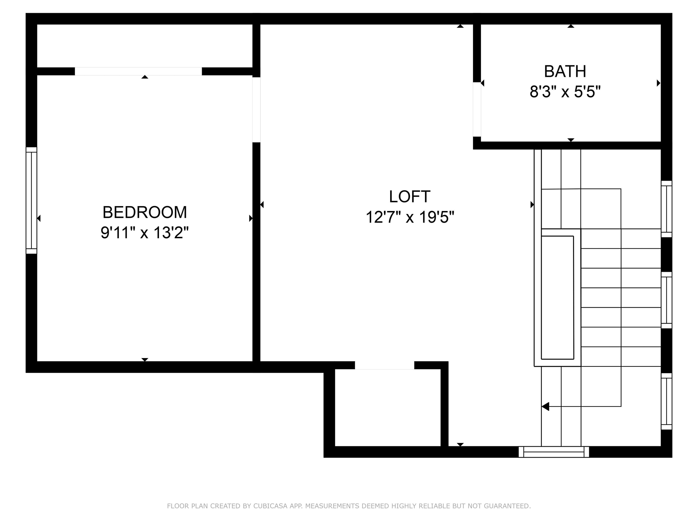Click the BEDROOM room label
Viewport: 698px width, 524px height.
click(x=145, y=212)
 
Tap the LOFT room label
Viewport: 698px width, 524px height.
click(x=410, y=197)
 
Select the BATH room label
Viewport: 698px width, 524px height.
click(x=565, y=72)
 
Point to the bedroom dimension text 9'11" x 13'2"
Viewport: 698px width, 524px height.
click(x=145, y=233)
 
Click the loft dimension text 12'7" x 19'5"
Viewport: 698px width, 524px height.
click(x=410, y=217)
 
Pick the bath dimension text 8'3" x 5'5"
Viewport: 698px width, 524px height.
click(x=565, y=92)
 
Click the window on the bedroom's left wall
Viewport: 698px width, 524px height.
click(x=32, y=200)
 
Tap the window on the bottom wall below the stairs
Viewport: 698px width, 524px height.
click(x=553, y=452)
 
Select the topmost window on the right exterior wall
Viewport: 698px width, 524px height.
click(x=666, y=209)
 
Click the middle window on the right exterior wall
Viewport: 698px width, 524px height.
click(x=666, y=300)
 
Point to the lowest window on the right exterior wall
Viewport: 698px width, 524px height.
click(x=666, y=401)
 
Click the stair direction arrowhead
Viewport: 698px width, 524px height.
click(x=545, y=406)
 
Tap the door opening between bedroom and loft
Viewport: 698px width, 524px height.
click(x=256, y=110)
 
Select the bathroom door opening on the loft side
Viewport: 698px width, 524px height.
click(x=477, y=109)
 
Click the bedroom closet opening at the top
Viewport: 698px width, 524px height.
click(x=138, y=72)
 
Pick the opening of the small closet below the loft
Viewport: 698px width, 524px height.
click(x=384, y=365)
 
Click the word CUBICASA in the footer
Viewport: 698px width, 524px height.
click(x=270, y=506)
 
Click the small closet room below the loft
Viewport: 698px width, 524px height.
click(x=387, y=407)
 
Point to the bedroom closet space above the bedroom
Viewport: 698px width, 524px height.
click(x=145, y=46)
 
